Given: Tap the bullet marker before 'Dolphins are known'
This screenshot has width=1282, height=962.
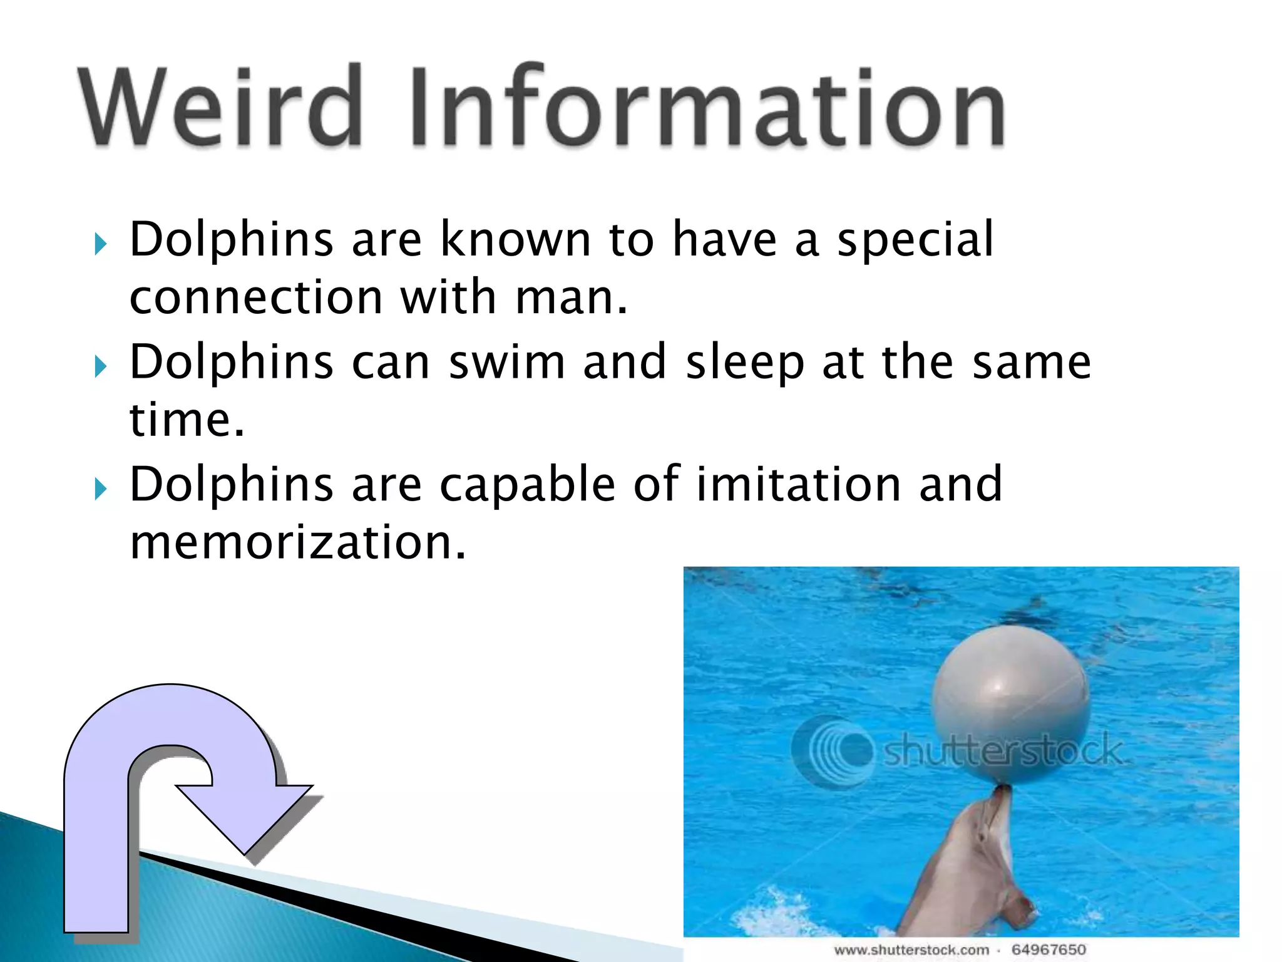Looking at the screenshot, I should pos(101,244).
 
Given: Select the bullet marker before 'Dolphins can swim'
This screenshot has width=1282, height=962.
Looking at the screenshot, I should pos(101,366).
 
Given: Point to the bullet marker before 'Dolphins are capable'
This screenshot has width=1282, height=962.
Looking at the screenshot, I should pos(101,488).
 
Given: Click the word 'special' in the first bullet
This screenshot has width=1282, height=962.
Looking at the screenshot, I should pos(915,240).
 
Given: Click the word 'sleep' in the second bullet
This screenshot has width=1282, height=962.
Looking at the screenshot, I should pos(745,364).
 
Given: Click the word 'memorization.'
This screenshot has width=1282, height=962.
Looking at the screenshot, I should pos(298,542).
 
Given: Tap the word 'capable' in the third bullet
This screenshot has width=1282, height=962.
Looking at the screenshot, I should pos(527,485).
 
